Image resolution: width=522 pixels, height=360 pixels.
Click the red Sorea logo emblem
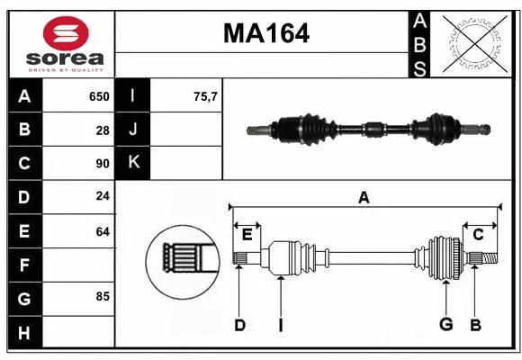(59, 33)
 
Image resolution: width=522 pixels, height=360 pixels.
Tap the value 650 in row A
(98, 96)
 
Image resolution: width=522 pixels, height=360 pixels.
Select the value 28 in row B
(102, 130)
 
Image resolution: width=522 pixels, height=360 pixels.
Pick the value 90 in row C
(102, 164)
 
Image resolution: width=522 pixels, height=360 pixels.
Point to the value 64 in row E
(102, 231)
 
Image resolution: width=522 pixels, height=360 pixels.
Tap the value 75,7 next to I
(205, 96)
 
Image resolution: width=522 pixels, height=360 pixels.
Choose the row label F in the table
(24, 265)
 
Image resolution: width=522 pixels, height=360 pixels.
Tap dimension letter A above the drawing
(364, 197)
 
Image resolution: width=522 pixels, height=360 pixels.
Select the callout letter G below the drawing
(445, 325)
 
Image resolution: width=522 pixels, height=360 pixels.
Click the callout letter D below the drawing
(239, 325)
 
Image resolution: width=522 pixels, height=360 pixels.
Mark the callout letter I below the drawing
(280, 325)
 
